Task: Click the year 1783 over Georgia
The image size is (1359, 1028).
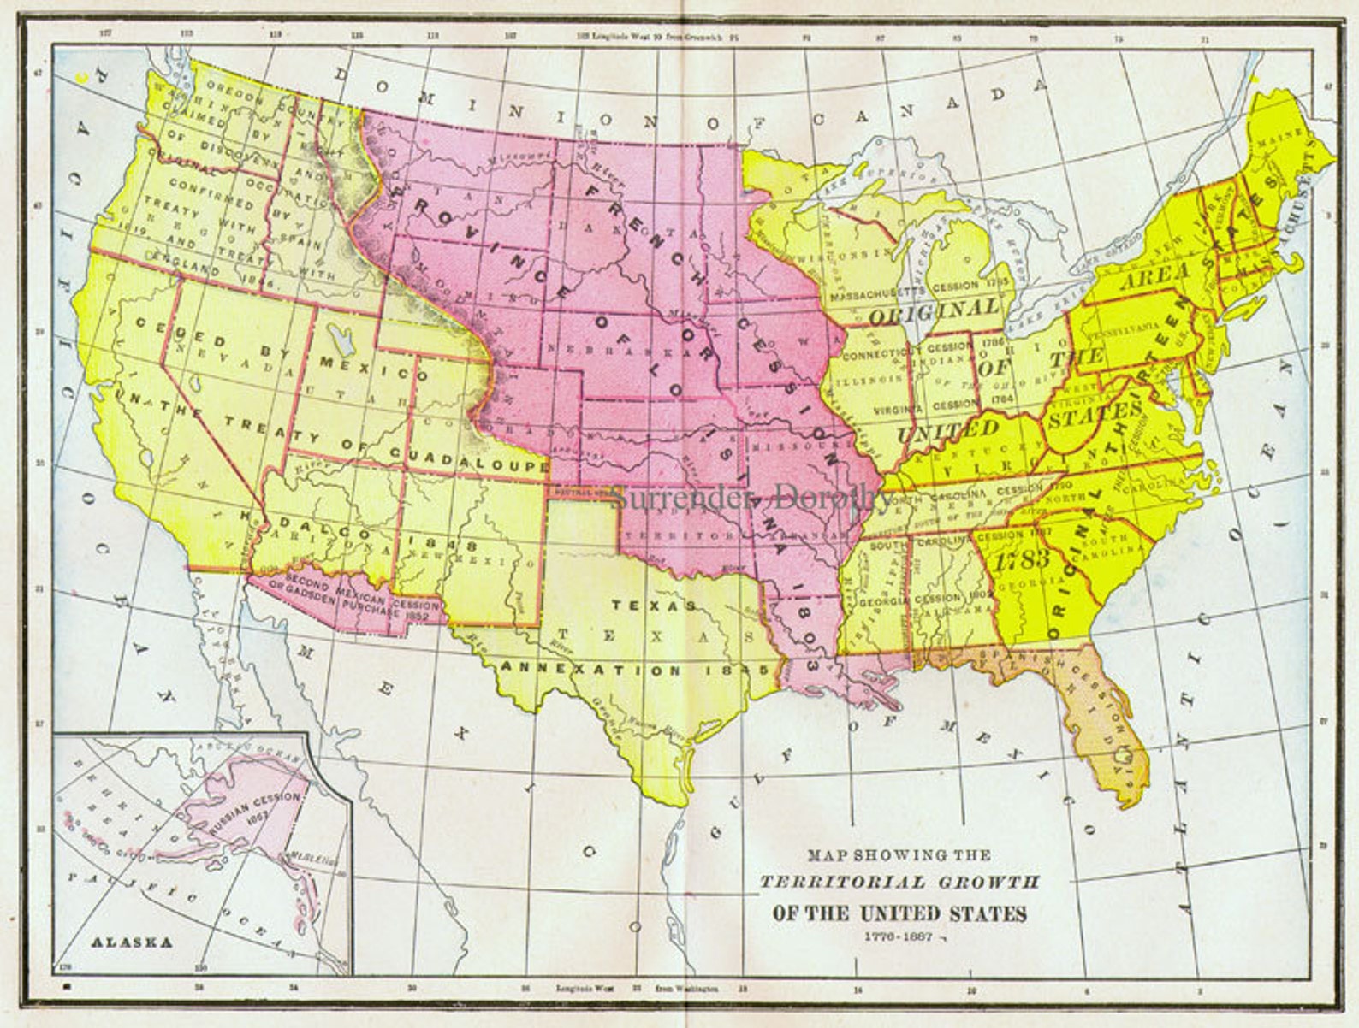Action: click(x=1023, y=559)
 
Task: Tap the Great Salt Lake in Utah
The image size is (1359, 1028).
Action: click(x=342, y=343)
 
